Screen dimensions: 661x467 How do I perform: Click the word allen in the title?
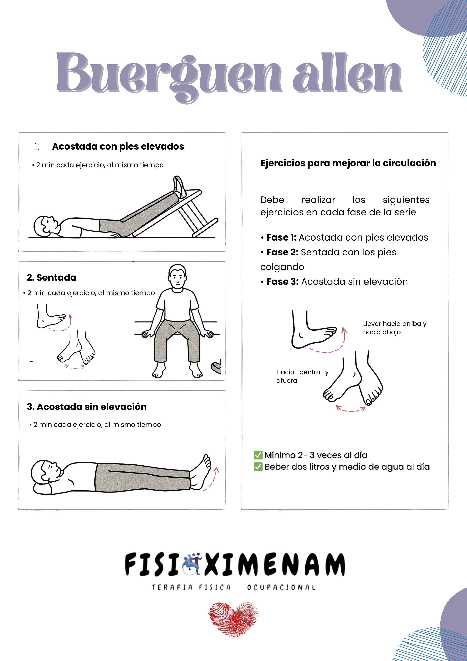347,73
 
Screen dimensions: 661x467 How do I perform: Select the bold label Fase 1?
281,237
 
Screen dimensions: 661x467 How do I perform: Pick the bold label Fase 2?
282,252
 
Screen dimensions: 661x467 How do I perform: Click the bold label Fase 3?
282,282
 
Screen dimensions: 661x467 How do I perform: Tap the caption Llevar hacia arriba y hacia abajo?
394,328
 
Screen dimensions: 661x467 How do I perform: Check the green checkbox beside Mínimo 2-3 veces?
258,455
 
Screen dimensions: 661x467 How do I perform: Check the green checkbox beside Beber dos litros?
258,467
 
